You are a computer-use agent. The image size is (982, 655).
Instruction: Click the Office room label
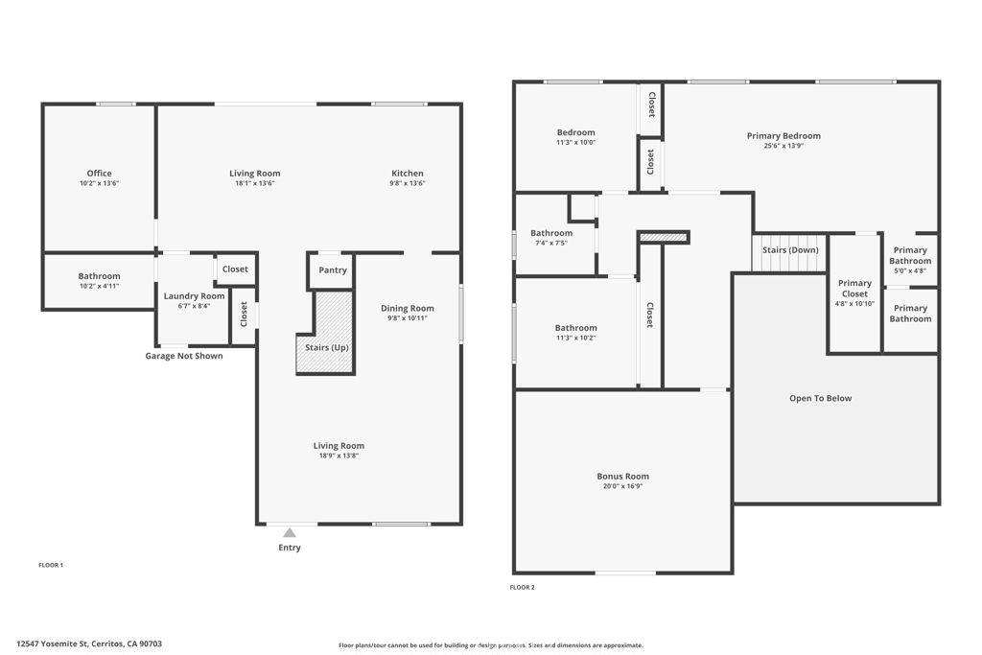point(99,174)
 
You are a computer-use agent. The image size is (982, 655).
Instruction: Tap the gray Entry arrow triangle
point(289,532)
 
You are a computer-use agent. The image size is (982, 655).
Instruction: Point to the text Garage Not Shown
point(184,356)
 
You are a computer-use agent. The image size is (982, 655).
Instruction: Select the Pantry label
point(333,270)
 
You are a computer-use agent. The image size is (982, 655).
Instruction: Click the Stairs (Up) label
point(327,347)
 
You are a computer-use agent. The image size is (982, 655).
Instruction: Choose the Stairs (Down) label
point(790,250)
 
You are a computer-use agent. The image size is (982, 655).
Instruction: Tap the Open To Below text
point(820,398)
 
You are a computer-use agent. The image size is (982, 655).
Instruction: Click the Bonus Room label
point(622,477)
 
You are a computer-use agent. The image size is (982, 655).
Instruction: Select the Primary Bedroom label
point(783,136)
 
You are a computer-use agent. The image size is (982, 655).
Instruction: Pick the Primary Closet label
point(854,289)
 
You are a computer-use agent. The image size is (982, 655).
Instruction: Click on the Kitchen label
point(407,174)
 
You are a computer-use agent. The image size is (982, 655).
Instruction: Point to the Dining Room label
point(408,309)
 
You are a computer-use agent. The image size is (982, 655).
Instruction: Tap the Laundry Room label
point(194,296)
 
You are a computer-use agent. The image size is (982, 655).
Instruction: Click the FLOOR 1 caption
point(50,565)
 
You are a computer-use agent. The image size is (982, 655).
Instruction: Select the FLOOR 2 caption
point(522,587)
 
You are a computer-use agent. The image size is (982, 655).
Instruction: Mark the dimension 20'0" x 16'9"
point(622,486)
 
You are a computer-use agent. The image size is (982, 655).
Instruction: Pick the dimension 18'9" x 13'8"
point(339,456)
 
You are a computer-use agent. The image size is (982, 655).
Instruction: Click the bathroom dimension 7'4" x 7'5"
point(551,243)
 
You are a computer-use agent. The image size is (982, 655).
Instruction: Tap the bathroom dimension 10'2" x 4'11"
point(99,286)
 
